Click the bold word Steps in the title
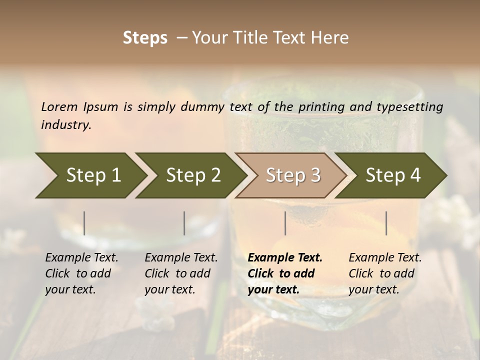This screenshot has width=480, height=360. coord(145,38)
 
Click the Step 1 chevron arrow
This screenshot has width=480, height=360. coord(90,175)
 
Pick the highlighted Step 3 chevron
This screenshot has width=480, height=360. coord(291,175)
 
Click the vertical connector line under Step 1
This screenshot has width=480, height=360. coord(84,223)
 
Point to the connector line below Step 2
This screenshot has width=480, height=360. coord(184,223)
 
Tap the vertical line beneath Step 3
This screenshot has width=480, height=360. coord(285,223)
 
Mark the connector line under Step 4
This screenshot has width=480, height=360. coord(386,223)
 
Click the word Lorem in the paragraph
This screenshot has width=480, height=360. coord(59,107)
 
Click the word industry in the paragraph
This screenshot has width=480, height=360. coord(66,125)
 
